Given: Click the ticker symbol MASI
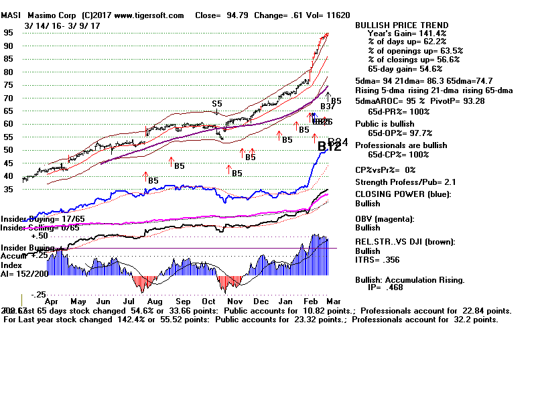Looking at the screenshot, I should tap(11, 15).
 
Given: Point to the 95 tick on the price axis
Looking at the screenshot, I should tap(9, 32).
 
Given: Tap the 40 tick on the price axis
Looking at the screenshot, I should tap(9, 176).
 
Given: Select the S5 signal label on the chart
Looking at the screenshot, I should tap(217, 104).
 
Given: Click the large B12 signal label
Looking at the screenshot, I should tap(330, 147).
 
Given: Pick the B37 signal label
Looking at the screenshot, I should tap(328, 107).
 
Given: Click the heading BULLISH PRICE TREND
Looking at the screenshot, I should tap(402, 25).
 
